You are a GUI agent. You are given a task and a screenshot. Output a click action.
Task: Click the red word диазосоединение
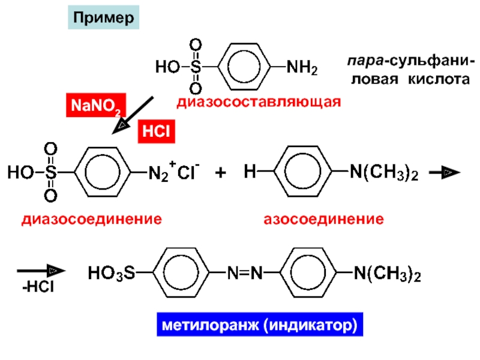(92, 219)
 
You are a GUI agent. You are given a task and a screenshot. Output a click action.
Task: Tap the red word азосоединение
(324, 219)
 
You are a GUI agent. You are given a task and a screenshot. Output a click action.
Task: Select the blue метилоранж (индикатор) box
(258, 326)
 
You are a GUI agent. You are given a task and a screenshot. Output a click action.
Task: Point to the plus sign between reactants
(221, 173)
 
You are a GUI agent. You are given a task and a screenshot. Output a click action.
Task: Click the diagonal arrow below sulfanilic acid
(134, 114)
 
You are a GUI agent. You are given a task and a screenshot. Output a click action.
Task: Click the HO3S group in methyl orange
(112, 275)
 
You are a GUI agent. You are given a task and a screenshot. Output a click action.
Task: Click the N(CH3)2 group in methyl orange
(386, 275)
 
